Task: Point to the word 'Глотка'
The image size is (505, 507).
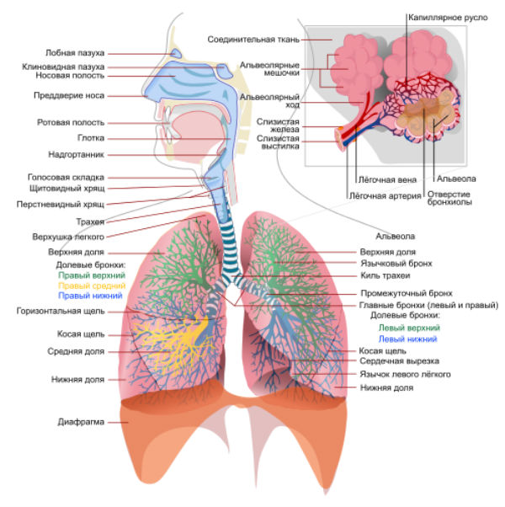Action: click(x=89, y=137)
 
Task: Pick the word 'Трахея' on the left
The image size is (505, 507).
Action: click(x=90, y=221)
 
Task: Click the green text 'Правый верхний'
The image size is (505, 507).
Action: click(x=92, y=275)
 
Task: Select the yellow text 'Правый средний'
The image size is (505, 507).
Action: click(x=92, y=286)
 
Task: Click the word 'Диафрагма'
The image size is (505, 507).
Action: click(x=82, y=421)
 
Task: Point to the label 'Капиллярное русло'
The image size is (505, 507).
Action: click(x=447, y=16)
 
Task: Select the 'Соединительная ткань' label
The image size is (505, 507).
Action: click(x=252, y=38)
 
